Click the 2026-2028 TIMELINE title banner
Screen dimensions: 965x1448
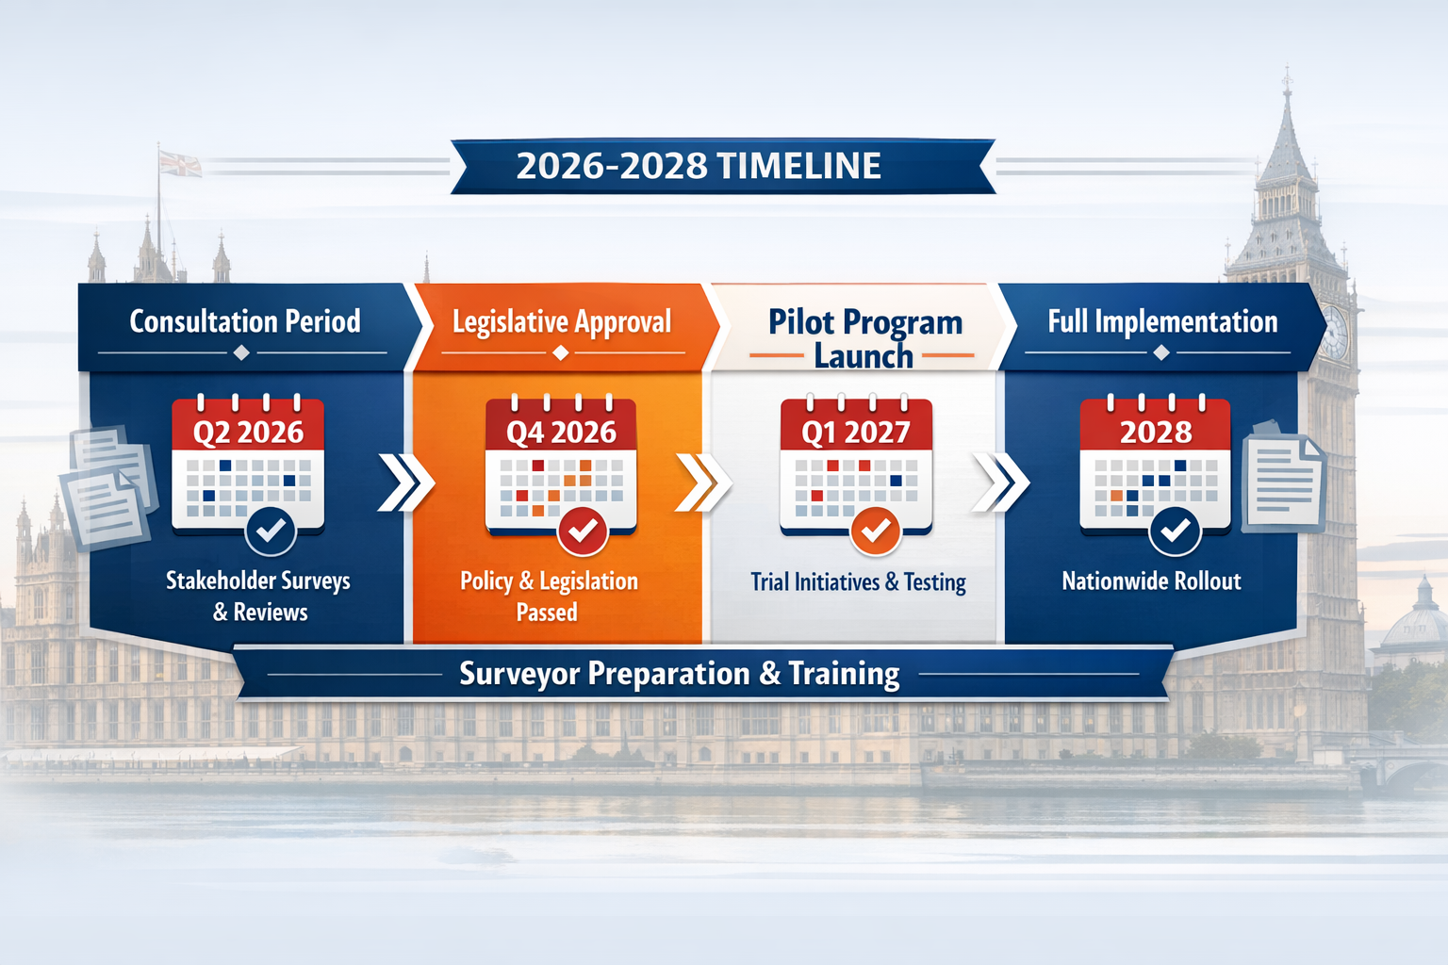coord(699,167)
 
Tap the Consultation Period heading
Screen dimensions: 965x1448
coord(245,321)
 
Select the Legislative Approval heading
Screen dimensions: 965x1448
coord(562,322)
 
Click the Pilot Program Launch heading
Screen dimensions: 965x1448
coord(864,338)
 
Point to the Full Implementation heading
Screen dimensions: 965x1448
coord(1162,321)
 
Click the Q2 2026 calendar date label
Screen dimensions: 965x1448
coord(248,433)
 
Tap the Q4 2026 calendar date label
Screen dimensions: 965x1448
coord(561,433)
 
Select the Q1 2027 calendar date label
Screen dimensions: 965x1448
coord(856,433)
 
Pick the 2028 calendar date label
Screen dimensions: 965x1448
coord(1156,433)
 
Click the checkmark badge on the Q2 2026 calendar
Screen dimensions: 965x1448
coord(271,532)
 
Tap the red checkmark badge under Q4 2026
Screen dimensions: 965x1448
coord(583,532)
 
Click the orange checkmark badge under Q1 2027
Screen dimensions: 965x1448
coord(876,532)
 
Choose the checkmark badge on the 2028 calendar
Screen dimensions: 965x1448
coord(1175,532)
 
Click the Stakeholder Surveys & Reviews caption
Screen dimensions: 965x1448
coord(258,596)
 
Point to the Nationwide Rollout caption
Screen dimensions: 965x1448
coord(1151,581)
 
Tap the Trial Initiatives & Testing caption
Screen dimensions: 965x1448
coord(858,582)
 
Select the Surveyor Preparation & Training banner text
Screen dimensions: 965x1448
coord(679,674)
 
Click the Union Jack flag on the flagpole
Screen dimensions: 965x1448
coord(180,164)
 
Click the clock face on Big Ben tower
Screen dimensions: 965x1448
coord(1334,332)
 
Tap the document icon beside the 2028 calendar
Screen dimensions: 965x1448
coord(1283,479)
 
